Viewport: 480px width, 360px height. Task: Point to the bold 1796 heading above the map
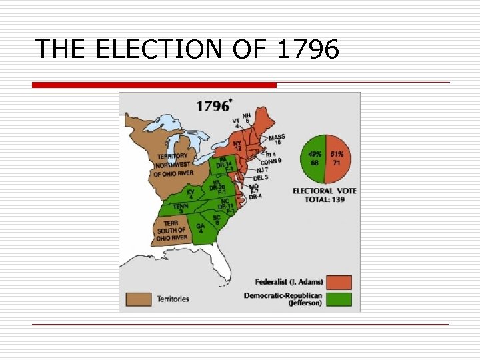213,105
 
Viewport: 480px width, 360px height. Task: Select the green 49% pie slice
313,158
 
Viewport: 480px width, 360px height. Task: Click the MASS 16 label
276,139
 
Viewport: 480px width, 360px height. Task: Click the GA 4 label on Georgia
201,228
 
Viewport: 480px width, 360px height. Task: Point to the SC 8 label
217,219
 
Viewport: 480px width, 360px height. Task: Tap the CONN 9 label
271,161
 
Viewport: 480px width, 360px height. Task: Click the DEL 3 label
261,178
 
